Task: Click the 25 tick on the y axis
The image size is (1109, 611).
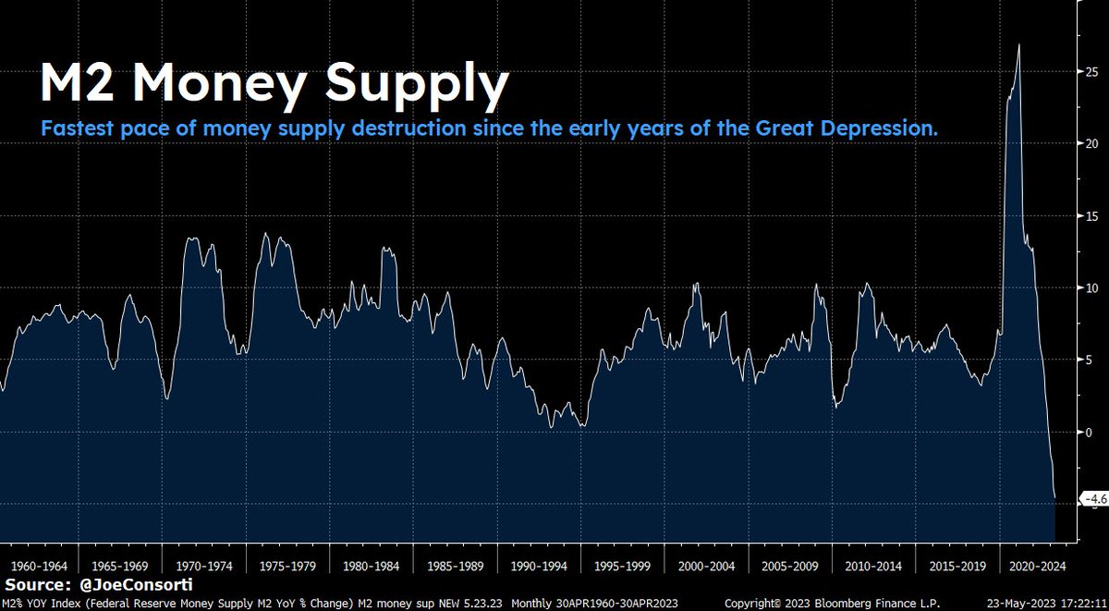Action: [x=1091, y=72]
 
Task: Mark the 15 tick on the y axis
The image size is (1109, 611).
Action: [x=1091, y=216]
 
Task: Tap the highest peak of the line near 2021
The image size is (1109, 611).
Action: [x=1018, y=44]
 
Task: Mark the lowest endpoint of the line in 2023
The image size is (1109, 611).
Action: [x=1054, y=498]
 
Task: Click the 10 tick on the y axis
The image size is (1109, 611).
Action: [x=1091, y=288]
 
